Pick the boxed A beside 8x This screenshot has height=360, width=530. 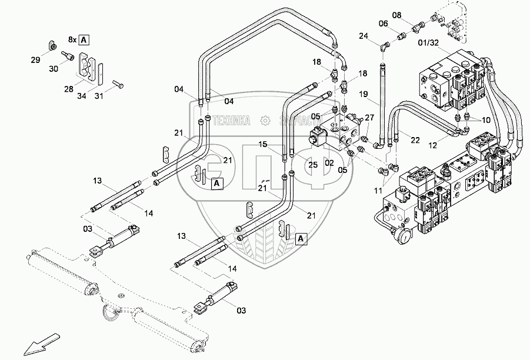point(84,40)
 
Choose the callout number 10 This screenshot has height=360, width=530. point(485,119)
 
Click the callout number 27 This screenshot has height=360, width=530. point(369,118)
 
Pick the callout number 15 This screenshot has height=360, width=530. point(262,144)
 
